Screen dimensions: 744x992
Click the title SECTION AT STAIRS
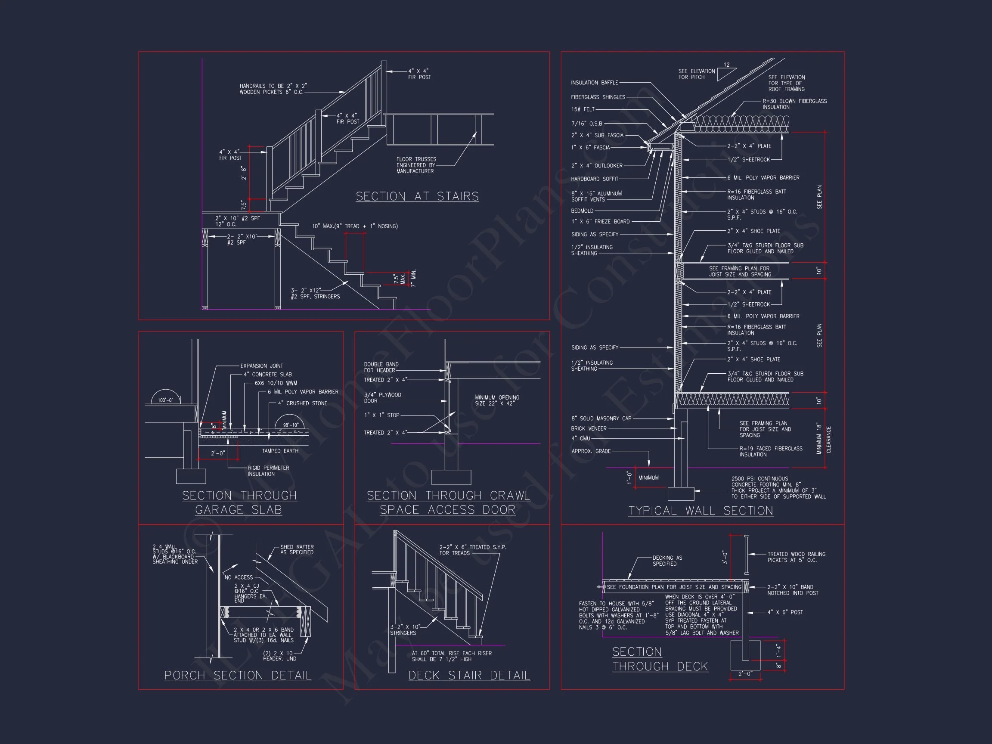pyautogui.click(x=417, y=196)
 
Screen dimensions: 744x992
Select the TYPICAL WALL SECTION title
pyautogui.click(x=701, y=511)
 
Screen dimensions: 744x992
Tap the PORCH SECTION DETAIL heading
pyautogui.click(x=238, y=676)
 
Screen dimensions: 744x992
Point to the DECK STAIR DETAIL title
pyautogui.click(x=469, y=676)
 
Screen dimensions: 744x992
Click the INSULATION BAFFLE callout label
pyautogui.click(x=594, y=83)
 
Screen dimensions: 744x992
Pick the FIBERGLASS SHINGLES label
pyautogui.click(x=598, y=97)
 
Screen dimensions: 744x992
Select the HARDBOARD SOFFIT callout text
pyautogui.click(x=594, y=179)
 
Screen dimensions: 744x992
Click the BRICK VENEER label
pyautogui.click(x=589, y=428)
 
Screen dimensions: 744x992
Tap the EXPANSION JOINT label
pyautogui.click(x=261, y=366)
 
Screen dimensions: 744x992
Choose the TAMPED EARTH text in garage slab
pyautogui.click(x=280, y=451)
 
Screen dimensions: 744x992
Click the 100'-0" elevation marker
pyautogui.click(x=165, y=400)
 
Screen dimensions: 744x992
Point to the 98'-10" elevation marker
pyautogui.click(x=291, y=425)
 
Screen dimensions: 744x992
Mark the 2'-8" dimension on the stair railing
pyautogui.click(x=244, y=173)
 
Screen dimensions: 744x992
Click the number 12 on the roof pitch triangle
pyautogui.click(x=726, y=65)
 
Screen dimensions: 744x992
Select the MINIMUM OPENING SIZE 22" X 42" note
pyautogui.click(x=497, y=400)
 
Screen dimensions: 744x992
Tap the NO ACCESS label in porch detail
pyautogui.click(x=239, y=577)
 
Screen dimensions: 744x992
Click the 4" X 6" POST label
pyautogui.click(x=785, y=612)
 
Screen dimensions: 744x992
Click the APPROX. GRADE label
pyautogui.click(x=591, y=451)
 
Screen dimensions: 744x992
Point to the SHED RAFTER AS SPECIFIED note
pyautogui.click(x=297, y=549)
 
